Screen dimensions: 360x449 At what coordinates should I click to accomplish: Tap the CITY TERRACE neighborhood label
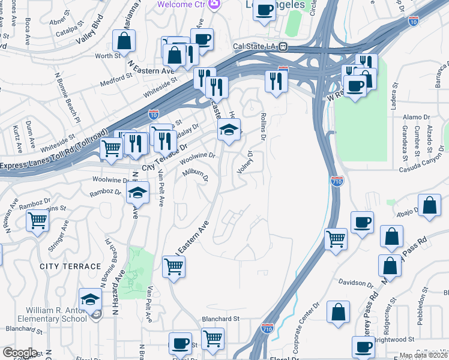(70, 266)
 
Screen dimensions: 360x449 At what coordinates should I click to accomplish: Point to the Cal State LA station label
(255, 46)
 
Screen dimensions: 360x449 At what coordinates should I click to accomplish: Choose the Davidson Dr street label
(356, 282)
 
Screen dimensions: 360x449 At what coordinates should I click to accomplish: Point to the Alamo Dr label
(415, 119)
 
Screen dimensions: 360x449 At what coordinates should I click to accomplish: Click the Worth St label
(108, 56)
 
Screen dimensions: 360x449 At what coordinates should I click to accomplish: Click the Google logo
(20, 353)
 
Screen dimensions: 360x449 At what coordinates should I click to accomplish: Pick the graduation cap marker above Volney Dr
(228, 130)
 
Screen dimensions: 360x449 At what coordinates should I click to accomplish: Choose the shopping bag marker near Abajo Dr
(430, 205)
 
